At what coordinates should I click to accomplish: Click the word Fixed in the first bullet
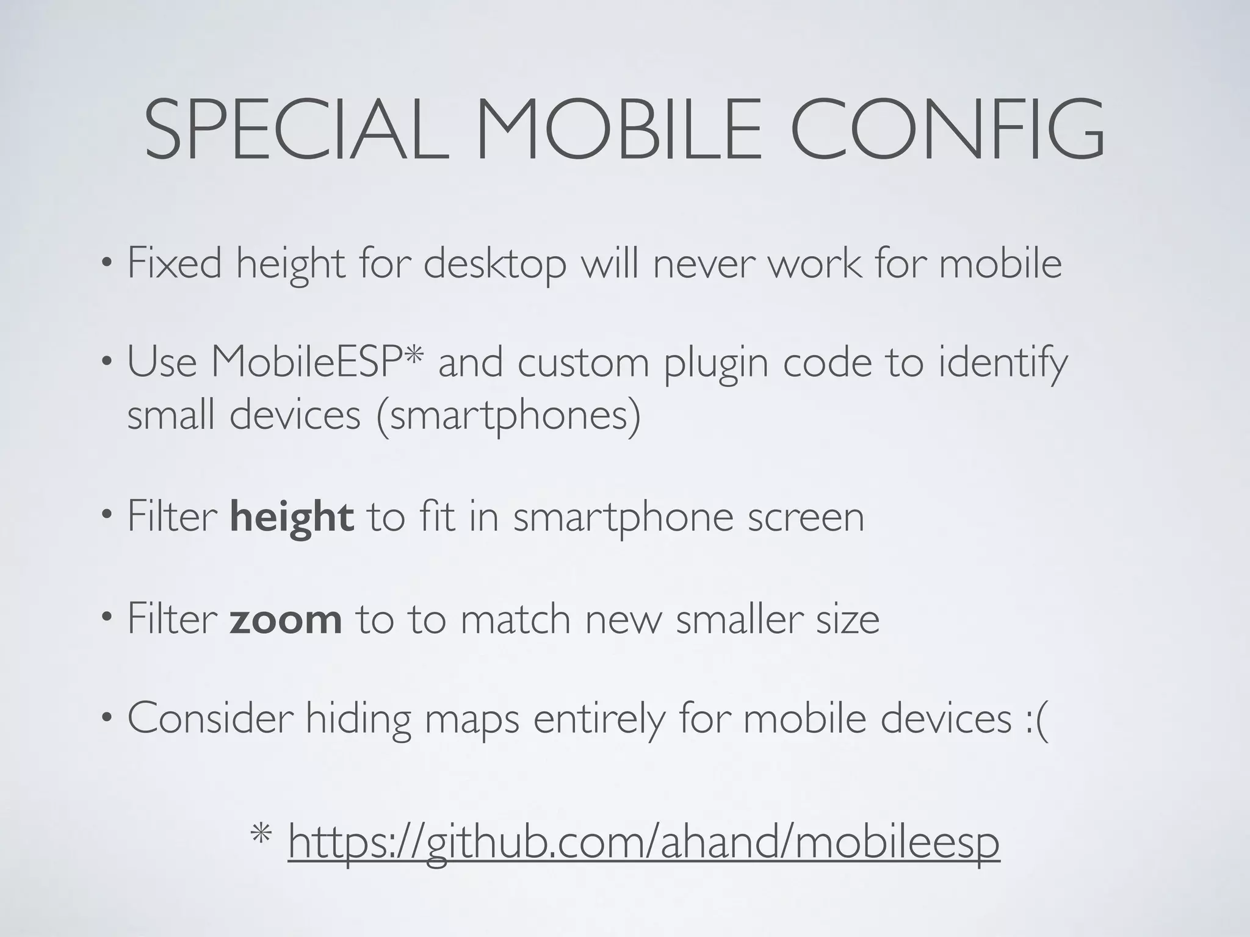pos(175,264)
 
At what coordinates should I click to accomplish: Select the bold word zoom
pos(286,620)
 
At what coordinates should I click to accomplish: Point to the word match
pos(515,620)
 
